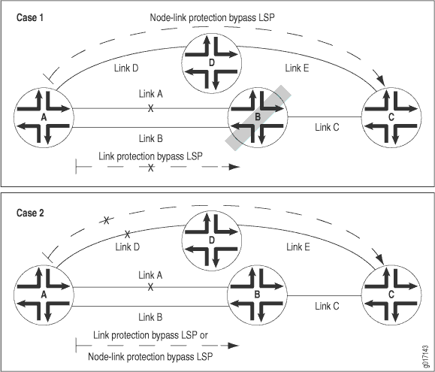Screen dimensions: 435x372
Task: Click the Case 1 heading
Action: coord(30,18)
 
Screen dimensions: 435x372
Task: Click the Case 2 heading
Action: coord(30,213)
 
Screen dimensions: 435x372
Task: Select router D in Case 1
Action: coord(211,63)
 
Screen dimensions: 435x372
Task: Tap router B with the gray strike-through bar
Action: coord(258,117)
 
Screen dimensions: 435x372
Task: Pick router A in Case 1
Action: coord(44,118)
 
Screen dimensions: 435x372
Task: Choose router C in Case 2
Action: coord(391,295)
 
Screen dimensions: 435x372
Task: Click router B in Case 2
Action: coord(258,295)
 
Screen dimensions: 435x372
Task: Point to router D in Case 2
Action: coord(211,240)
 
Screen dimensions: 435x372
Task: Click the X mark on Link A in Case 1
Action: coord(150,108)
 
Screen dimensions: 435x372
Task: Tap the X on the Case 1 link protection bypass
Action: coord(150,168)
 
